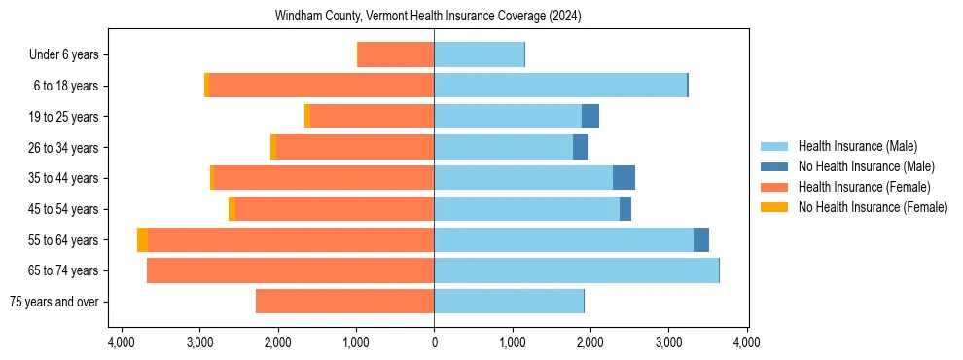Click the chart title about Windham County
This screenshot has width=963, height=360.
point(428,17)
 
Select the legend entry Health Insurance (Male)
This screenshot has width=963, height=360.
point(857,146)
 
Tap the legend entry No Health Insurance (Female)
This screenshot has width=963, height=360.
point(873,207)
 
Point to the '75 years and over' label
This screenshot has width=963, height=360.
point(54,302)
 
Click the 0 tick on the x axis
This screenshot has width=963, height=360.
point(434,342)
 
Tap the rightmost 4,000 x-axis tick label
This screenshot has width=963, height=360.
point(746,342)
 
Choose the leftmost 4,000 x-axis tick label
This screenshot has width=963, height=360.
point(122,342)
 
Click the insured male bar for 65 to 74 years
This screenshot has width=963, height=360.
point(576,270)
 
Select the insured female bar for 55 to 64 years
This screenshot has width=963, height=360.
point(291,240)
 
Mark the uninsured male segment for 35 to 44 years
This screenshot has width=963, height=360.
point(624,178)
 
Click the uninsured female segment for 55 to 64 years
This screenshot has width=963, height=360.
point(143,240)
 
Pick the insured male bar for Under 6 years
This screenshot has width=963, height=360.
point(479,55)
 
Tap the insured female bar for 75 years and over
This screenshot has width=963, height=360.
point(344,302)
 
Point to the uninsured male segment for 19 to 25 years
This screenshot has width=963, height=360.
point(590,117)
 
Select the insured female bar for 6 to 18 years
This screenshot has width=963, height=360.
point(321,86)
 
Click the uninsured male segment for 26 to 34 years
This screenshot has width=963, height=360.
point(581,148)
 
